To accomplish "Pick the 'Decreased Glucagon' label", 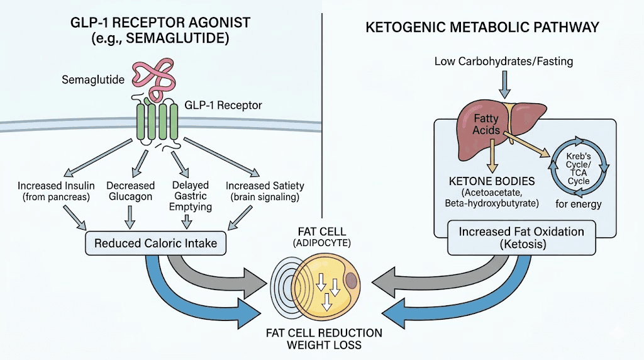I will tap(130, 192).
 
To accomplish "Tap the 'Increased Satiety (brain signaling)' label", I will tap(264, 192).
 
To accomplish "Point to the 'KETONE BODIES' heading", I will tap(491, 181).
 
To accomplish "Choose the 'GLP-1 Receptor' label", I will tap(223, 105).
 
